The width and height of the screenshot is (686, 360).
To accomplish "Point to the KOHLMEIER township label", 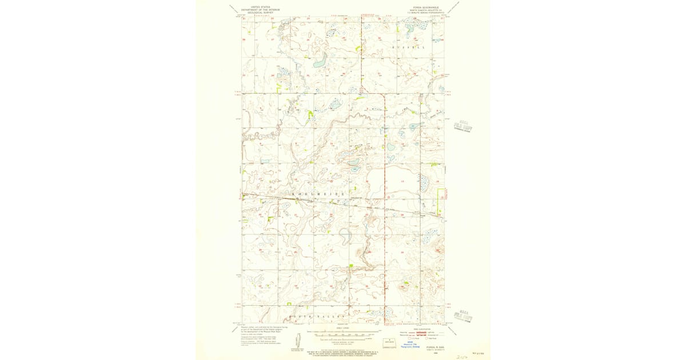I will pyautogui.click(x=318, y=195).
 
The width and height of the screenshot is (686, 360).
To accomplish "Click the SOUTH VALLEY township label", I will pyautogui.click(x=318, y=316).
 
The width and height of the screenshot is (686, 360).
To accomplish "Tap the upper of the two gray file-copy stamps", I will pyautogui.click(x=461, y=126).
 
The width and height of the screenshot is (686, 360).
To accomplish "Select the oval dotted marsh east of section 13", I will pyautogui.click(x=424, y=183).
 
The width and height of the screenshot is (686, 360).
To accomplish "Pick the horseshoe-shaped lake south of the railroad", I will pyautogui.click(x=344, y=235).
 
